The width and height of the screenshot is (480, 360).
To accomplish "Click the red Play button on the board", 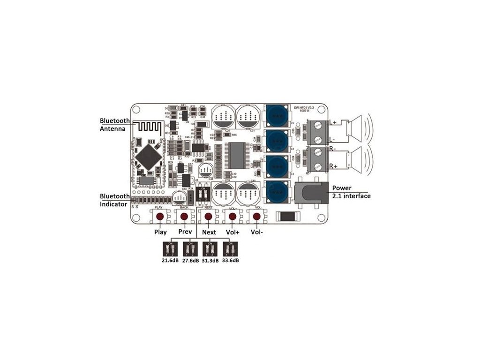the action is click(x=160, y=217).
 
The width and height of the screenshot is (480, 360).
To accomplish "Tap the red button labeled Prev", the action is click(x=184, y=217).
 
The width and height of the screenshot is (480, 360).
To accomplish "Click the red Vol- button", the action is click(x=256, y=217).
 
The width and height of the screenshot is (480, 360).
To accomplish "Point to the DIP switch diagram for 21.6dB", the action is click(x=167, y=248).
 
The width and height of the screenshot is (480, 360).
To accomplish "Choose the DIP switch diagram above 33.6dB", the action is click(x=230, y=248).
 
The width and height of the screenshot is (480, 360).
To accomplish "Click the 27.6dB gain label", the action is click(x=190, y=261).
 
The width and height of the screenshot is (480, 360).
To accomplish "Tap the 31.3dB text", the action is click(x=210, y=261).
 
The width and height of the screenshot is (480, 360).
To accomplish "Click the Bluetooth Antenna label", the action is click(x=115, y=124).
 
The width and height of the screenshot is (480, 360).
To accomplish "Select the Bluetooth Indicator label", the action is click(x=115, y=200).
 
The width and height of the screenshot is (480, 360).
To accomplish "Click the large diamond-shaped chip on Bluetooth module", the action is click(x=149, y=156).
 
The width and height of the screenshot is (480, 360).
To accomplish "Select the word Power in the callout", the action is click(x=342, y=188).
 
